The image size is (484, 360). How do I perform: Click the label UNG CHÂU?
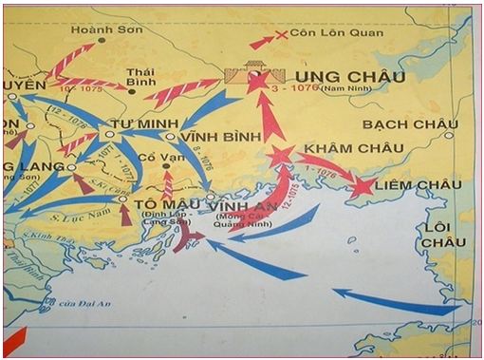pyautogui.click(x=338, y=75)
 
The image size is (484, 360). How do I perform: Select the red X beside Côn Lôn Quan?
pyautogui.click(x=281, y=36)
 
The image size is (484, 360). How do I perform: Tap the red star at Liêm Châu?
pyautogui.click(x=361, y=186)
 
